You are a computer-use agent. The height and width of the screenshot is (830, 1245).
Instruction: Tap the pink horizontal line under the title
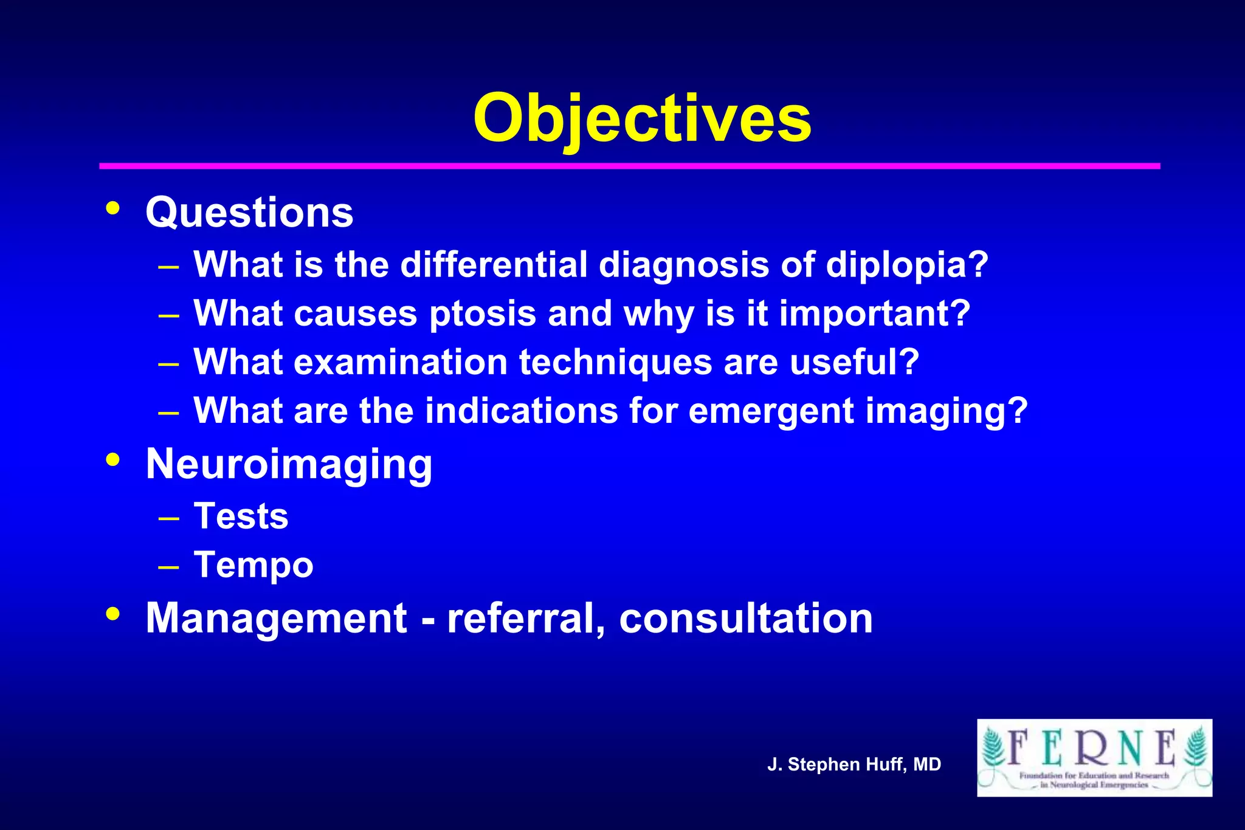click(629, 166)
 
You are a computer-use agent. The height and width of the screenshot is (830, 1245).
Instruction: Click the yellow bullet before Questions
click(112, 208)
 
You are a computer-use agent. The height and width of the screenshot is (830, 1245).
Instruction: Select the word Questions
click(249, 213)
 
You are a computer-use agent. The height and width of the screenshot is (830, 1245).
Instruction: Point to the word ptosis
click(482, 314)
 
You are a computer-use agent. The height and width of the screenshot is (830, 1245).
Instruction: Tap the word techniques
click(615, 363)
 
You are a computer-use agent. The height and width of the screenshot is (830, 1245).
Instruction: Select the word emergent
click(771, 411)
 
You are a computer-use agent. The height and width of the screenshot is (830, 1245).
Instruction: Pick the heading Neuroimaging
click(289, 464)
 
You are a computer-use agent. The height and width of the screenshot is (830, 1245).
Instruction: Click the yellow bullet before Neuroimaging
click(112, 460)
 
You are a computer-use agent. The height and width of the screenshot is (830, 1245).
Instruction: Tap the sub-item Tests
click(241, 516)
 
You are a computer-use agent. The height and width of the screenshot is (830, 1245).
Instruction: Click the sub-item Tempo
click(253, 565)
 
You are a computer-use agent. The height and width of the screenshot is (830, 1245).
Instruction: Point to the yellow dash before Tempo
click(168, 567)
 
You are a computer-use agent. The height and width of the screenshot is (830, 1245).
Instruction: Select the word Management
click(276, 618)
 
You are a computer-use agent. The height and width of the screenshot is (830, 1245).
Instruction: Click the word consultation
click(746, 618)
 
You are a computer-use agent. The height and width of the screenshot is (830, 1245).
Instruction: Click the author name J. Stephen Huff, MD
click(854, 764)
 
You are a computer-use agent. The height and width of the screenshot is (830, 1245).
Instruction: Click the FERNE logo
click(1094, 758)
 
